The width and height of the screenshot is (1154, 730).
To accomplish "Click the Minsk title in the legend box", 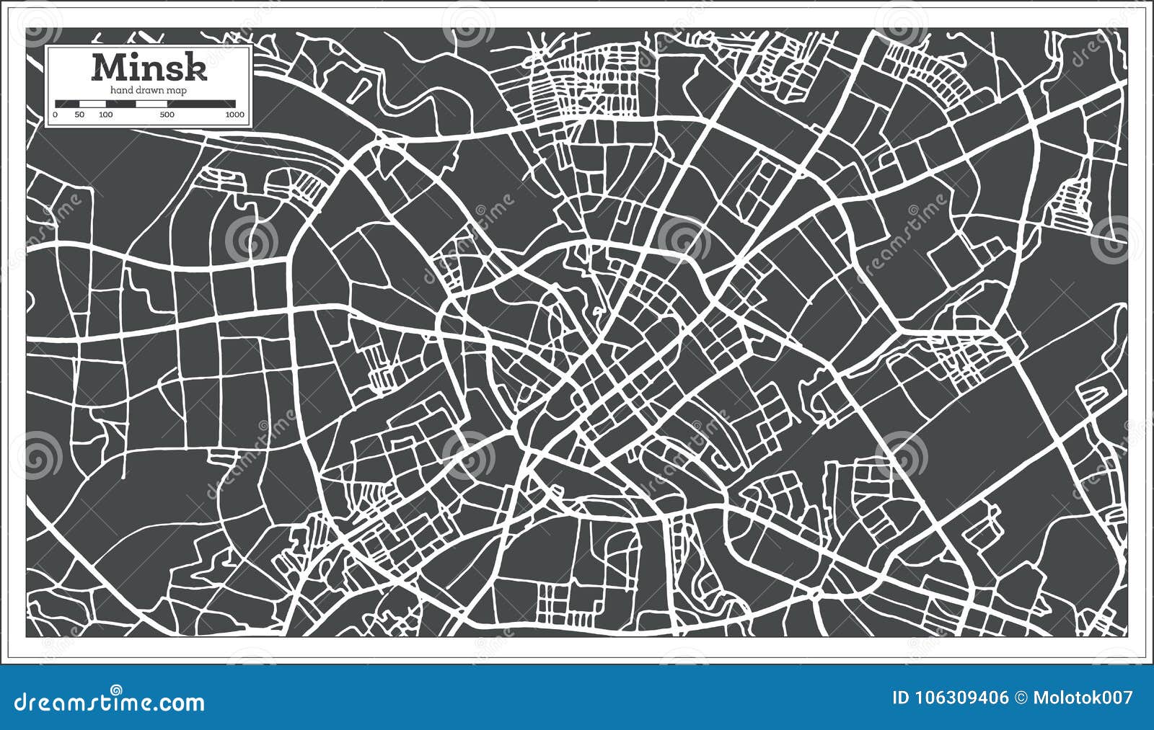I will coord(149,68).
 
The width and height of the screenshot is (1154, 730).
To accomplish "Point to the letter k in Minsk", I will coord(197,68).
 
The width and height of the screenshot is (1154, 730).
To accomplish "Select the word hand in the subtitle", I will coord(121,90).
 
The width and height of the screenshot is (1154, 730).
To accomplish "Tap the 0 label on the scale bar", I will coord(56,115).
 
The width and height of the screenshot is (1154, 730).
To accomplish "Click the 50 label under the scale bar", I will coord(79,115).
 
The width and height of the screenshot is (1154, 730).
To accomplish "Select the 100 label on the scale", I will coord(105,115).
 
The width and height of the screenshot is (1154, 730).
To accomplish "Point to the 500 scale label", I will coord(167,115).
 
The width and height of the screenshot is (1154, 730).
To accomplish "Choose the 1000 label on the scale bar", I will coord(234,115).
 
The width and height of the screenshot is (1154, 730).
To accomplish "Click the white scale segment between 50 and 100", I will coord(92,104).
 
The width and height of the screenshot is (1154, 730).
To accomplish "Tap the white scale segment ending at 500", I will coord(151,104).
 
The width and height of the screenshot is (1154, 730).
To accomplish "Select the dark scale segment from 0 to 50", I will coord(67,104).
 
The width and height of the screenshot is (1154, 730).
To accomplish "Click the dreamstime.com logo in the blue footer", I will coord(110,702).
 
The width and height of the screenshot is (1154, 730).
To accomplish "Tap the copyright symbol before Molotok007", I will coord(1020,698).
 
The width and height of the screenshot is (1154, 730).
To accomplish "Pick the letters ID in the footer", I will coord(900,698).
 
